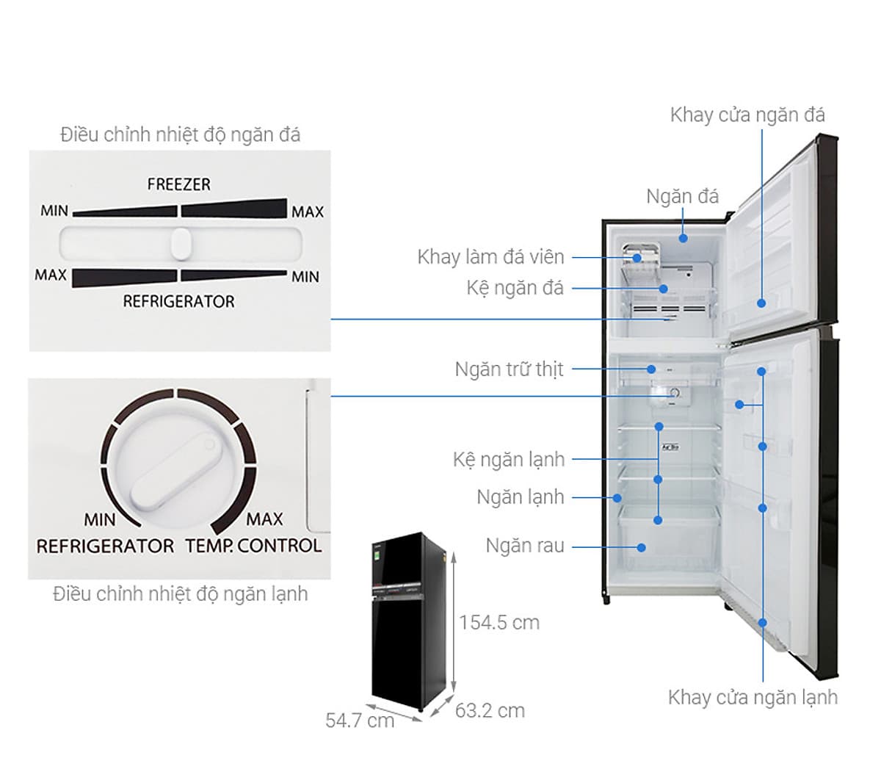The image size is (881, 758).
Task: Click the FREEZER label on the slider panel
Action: pos(178,184)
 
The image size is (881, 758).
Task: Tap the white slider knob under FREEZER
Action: pos(180,243)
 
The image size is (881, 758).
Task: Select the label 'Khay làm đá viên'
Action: pos(490,257)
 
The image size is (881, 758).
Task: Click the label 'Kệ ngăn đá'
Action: pos(515,288)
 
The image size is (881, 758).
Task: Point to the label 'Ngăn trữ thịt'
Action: pos(509,369)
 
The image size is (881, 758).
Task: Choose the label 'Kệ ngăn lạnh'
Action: pos(509,460)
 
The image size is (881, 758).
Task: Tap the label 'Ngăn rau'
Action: pos(525,546)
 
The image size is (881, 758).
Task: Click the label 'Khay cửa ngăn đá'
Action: pos(747,115)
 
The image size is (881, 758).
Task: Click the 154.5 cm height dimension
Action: pos(499,622)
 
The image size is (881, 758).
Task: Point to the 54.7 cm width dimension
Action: pos(360,720)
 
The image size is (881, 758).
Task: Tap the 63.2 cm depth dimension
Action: pos(490,710)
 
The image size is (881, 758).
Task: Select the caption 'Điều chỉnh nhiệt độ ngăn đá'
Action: pos(181,135)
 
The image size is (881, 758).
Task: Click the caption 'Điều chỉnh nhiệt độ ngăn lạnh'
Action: pos(181,593)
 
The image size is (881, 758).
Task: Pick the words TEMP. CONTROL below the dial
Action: pos(253,546)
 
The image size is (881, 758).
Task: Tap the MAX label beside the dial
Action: pos(264,519)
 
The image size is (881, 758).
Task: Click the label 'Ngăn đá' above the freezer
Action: pos(682,196)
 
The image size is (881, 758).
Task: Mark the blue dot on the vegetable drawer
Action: pos(642,546)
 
